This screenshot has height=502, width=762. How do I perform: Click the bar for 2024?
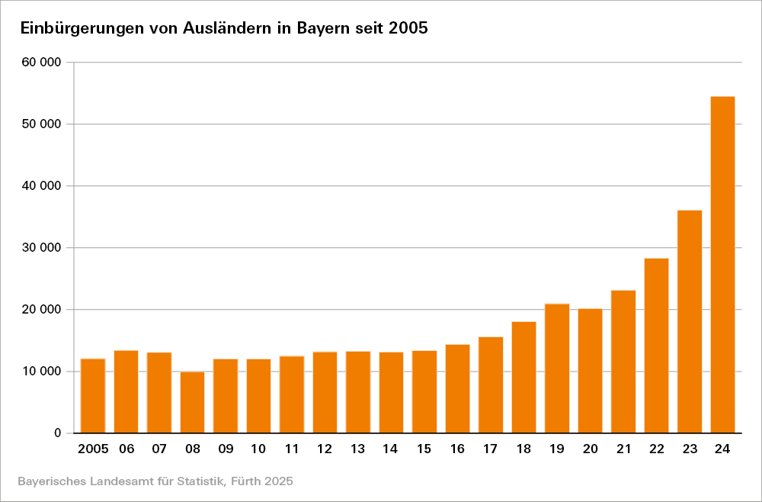[x=722, y=265]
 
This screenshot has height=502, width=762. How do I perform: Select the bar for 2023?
[x=690, y=321]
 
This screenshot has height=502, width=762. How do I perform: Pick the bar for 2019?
[x=557, y=368]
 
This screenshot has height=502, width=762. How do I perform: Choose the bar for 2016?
[x=457, y=388]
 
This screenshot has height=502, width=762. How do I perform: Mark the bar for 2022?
[x=656, y=346]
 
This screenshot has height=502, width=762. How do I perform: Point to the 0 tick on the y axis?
[x=57, y=433]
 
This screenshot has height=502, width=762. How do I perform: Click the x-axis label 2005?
[x=93, y=449]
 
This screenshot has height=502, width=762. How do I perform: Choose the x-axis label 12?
[x=325, y=449]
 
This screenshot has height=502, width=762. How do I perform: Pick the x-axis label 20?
[x=590, y=449]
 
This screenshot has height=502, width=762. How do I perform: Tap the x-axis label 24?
[x=722, y=449]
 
